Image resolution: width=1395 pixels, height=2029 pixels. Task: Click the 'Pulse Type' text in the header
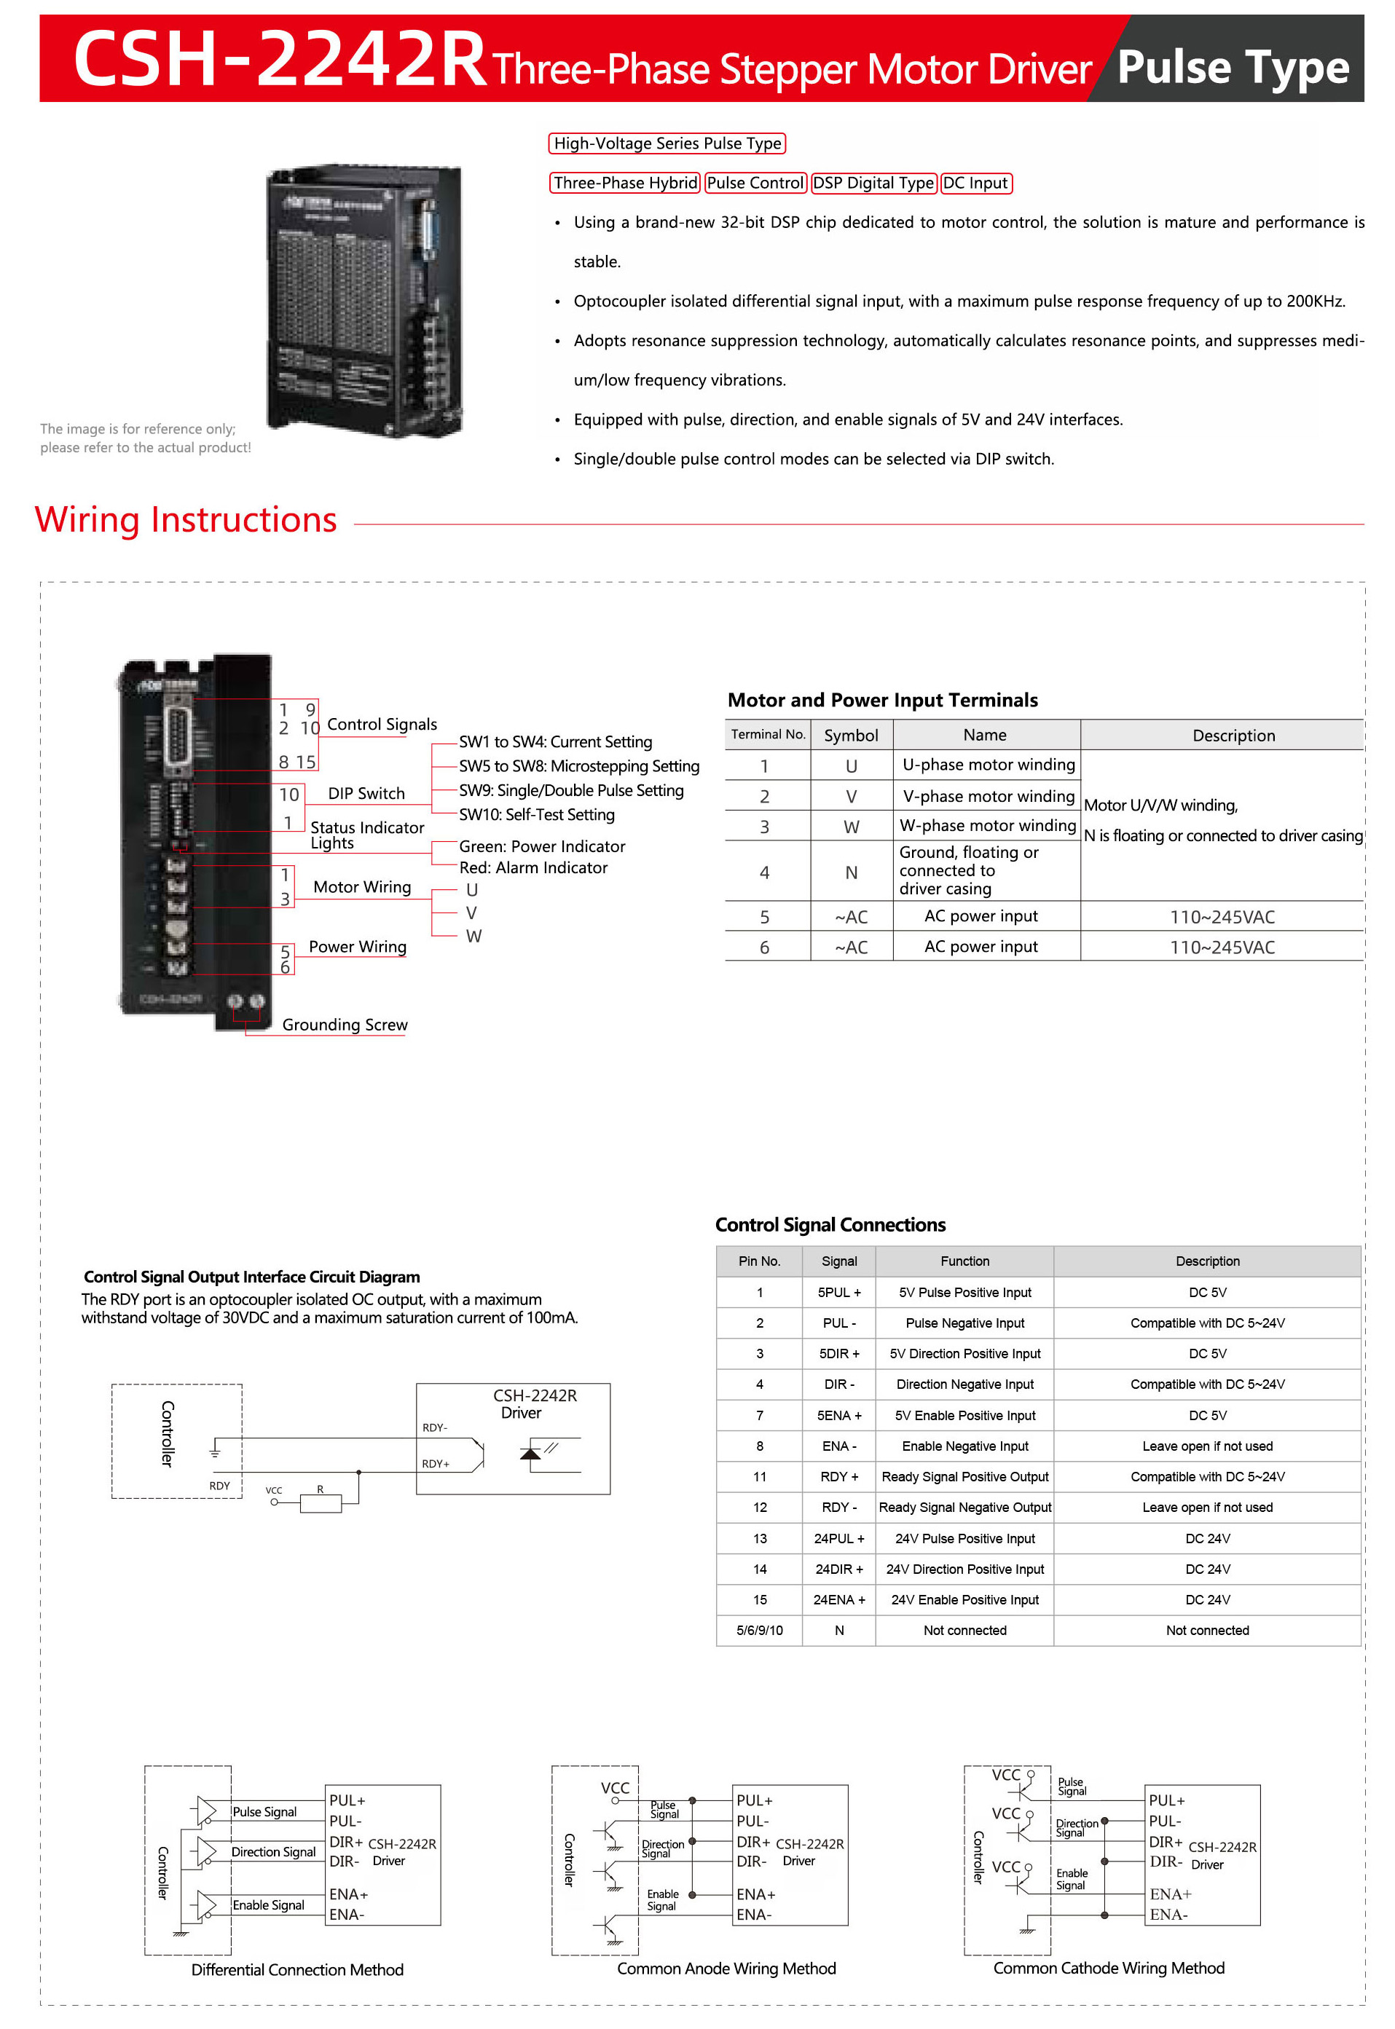pyautogui.click(x=1233, y=66)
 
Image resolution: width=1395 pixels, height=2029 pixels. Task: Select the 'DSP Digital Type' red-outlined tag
pyautogui.click(x=873, y=183)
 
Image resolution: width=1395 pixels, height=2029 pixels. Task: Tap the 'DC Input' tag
pyautogui.click(x=975, y=183)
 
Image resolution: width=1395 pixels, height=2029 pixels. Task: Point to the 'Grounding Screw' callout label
pyautogui.click(x=345, y=1024)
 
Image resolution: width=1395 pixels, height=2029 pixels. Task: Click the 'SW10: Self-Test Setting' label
pyautogui.click(x=537, y=814)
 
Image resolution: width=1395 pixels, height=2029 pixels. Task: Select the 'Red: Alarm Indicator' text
pyautogui.click(x=533, y=867)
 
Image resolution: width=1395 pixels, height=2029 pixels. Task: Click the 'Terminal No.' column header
pyautogui.click(x=767, y=734)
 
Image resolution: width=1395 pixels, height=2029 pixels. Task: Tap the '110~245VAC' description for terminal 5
pyautogui.click(x=1222, y=917)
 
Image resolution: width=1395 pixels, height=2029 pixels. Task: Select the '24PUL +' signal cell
pyautogui.click(x=839, y=1538)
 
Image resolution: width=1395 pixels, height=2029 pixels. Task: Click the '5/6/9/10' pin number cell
pyautogui.click(x=760, y=1630)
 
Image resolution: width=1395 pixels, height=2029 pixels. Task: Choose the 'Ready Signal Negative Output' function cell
pyautogui.click(x=965, y=1508)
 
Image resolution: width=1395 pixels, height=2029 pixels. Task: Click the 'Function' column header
pyautogui.click(x=965, y=1261)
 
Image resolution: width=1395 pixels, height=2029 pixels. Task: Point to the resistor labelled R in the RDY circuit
pyautogui.click(x=320, y=1503)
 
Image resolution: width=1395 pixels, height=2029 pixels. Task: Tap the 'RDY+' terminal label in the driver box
pyautogui.click(x=436, y=1464)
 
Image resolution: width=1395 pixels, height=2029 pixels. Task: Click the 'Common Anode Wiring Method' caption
pyautogui.click(x=726, y=1968)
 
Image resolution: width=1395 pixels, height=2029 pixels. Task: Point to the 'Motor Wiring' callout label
pyautogui.click(x=362, y=887)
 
